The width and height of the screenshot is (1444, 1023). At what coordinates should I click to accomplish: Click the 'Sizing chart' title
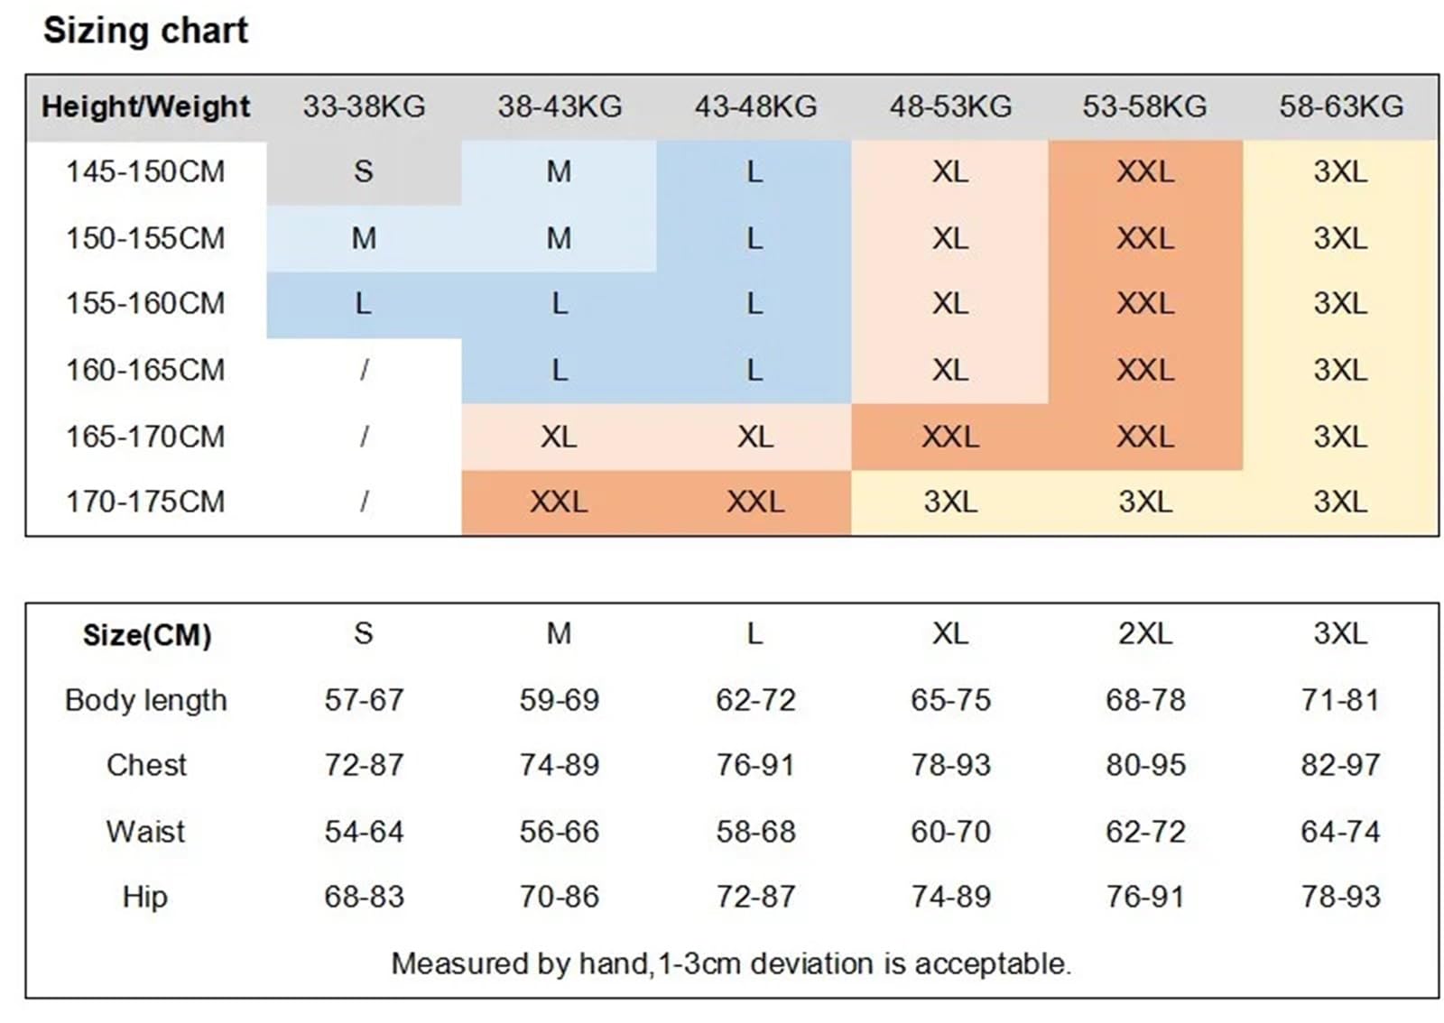click(x=145, y=31)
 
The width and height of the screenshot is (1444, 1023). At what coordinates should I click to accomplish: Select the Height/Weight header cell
click(x=145, y=106)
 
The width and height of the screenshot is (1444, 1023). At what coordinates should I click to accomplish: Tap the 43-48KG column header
click(x=755, y=106)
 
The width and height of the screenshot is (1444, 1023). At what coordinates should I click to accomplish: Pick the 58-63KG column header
click(x=1341, y=106)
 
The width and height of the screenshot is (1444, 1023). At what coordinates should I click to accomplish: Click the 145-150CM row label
click(x=145, y=172)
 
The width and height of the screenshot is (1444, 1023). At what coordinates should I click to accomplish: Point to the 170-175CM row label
click(x=145, y=502)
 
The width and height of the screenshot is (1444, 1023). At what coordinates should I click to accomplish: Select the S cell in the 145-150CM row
click(x=364, y=172)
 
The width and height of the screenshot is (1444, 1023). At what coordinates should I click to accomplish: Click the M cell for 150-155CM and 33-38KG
click(x=364, y=238)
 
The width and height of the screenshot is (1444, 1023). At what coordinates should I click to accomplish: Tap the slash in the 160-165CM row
click(x=365, y=370)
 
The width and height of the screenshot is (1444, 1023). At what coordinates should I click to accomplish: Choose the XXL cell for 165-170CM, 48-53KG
click(x=950, y=437)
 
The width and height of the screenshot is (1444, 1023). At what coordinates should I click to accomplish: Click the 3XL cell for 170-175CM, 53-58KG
click(x=1145, y=502)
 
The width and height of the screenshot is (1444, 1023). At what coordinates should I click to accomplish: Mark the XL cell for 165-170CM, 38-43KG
click(x=559, y=437)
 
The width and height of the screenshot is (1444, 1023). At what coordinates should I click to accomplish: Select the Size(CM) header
click(x=147, y=635)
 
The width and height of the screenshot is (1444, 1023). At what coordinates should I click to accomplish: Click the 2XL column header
click(x=1145, y=634)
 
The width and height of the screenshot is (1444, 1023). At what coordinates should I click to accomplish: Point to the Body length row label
click(x=145, y=700)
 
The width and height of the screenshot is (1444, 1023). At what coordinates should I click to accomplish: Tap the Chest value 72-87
click(x=365, y=765)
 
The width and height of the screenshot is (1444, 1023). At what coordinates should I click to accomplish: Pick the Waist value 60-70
click(x=951, y=832)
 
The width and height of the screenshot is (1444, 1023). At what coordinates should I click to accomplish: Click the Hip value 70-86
click(x=560, y=897)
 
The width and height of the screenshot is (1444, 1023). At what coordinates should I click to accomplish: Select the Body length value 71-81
click(x=1341, y=700)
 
